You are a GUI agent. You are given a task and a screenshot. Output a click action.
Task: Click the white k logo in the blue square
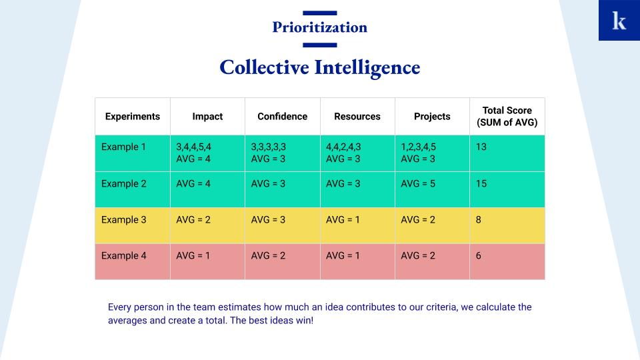coord(619,21)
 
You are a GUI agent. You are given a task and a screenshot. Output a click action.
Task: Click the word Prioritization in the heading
coord(319,27)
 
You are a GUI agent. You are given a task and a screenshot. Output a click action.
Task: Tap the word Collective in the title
coord(264,67)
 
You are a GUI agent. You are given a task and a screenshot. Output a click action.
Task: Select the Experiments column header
coord(133,116)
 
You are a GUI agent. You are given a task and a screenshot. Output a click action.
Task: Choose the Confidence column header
coord(283,116)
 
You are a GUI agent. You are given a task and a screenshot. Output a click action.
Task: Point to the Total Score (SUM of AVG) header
coord(507,116)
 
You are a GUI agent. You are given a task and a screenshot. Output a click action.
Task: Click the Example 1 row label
coord(124,147)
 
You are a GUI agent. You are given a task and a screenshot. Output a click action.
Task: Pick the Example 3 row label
coord(124,219)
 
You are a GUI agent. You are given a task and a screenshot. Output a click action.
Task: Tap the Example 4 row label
coord(124,255)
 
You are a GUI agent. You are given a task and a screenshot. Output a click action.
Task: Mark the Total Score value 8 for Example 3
coord(479,219)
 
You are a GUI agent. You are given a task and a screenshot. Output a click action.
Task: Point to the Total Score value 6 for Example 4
coord(479,255)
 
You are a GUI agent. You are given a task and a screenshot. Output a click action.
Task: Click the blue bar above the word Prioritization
coord(319,13)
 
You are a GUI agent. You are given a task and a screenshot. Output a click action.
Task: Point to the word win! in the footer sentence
coord(305,321)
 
